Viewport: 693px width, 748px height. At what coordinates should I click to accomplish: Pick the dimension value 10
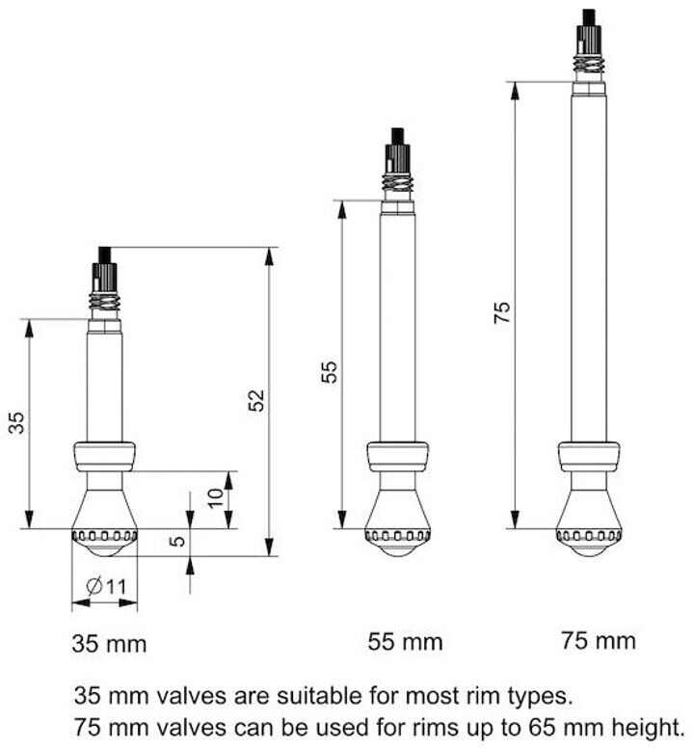tap(217, 498)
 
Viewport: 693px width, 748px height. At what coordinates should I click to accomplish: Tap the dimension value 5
tap(176, 542)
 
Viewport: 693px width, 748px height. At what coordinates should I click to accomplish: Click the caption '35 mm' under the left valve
tap(109, 643)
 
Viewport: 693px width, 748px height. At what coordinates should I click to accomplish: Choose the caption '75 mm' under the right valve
tap(598, 639)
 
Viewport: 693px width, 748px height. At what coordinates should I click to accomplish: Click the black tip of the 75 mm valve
tap(588, 16)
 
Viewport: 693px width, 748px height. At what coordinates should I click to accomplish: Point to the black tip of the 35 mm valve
tap(104, 254)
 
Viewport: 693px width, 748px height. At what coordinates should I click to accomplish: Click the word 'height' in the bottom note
tap(650, 724)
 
